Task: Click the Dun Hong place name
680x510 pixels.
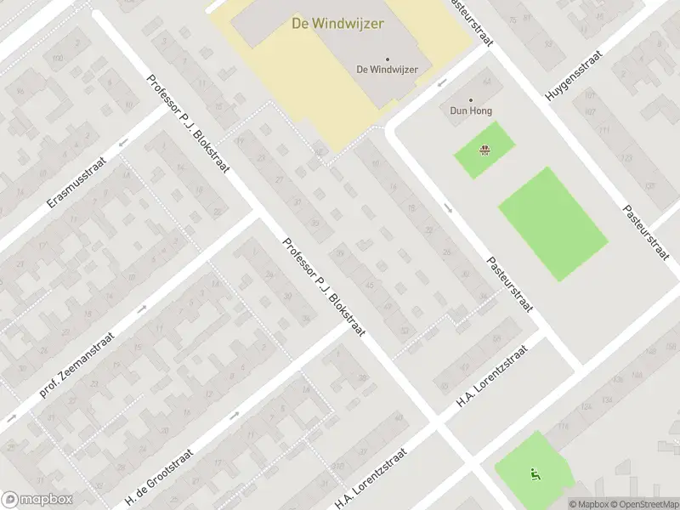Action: pos(471,110)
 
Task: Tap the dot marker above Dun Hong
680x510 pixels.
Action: pos(471,99)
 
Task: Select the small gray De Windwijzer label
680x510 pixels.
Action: pos(387,70)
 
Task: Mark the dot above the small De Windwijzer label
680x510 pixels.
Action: pos(387,59)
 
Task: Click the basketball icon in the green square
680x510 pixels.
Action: pos(484,151)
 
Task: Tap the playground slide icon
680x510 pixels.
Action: pos(535,473)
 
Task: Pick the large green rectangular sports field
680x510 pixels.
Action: pos(552,224)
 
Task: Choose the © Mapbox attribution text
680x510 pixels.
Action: pos(588,504)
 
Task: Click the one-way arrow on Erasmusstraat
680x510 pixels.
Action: pos(124,142)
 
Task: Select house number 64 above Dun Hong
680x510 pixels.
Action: pos(487,82)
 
